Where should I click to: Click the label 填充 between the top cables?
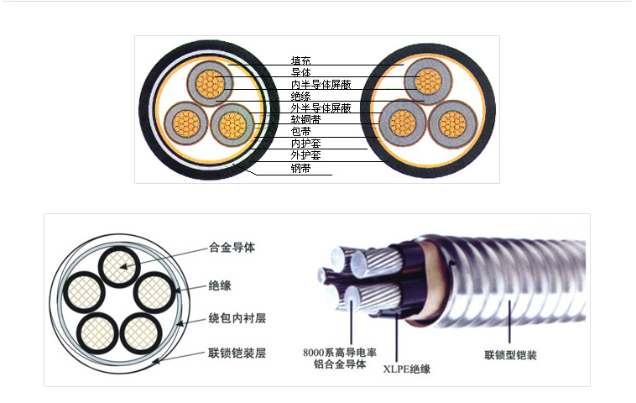click(x=300, y=60)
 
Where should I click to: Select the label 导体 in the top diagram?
click(x=300, y=73)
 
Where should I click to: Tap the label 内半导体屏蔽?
click(x=321, y=85)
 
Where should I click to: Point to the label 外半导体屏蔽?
click(x=321, y=108)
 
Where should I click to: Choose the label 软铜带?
click(x=305, y=120)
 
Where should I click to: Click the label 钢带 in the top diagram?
click(x=300, y=168)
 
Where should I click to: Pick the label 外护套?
click(x=305, y=155)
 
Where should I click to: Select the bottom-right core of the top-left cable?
click(x=232, y=125)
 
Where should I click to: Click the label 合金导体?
click(x=232, y=249)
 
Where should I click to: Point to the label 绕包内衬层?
click(x=237, y=319)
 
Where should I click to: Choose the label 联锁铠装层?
click(x=237, y=353)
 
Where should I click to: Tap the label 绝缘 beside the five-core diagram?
click(x=220, y=285)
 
